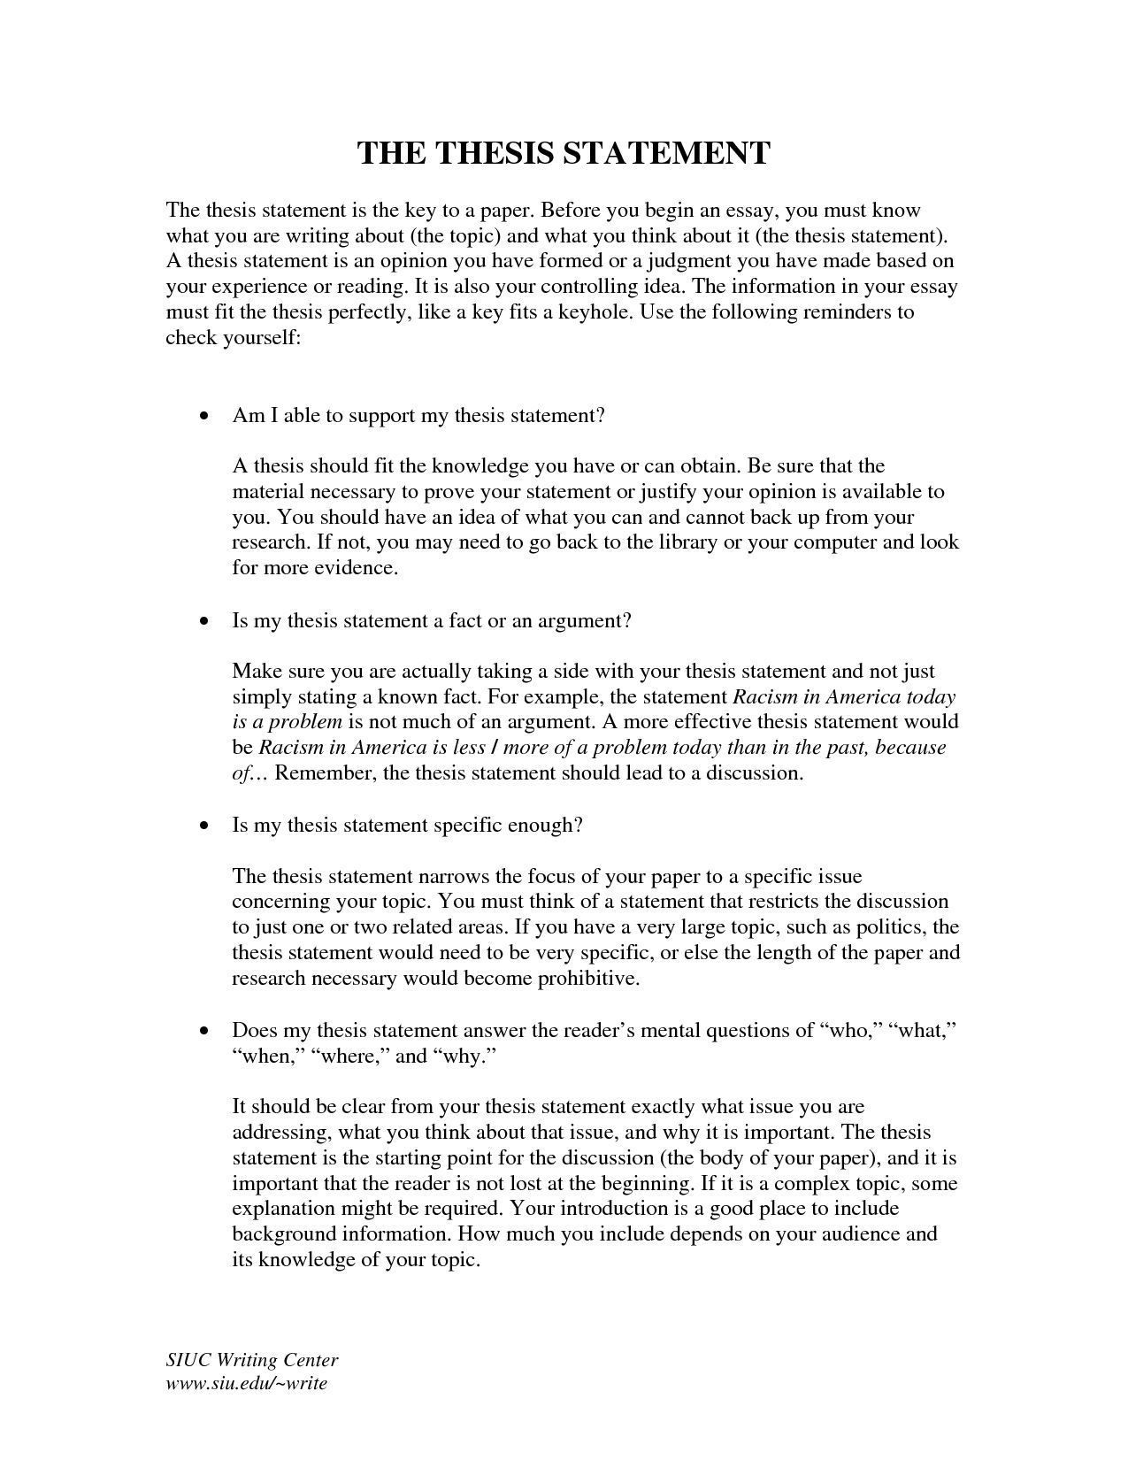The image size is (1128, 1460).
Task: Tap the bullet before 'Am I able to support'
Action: (205, 416)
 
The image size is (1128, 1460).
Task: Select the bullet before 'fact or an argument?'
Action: (205, 621)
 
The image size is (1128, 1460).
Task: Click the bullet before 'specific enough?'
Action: (205, 826)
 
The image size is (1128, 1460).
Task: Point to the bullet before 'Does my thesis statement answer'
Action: (205, 1031)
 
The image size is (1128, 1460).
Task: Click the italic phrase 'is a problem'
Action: (287, 722)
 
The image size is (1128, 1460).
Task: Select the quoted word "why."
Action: (464, 1056)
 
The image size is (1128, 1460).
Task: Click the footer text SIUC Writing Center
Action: (252, 1360)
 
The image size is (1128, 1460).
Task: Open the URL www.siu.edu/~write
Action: (247, 1382)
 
